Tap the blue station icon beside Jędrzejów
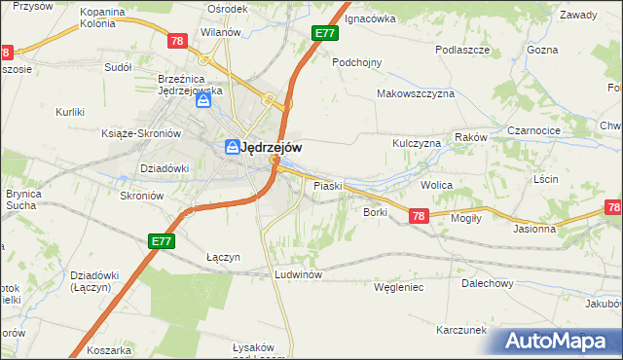tap(232, 148)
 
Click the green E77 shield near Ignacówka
tap(325, 33)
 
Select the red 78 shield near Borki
tap(418, 216)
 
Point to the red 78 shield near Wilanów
tap(176, 41)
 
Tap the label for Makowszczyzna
tap(416, 93)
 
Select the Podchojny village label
tap(356, 61)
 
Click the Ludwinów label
tap(298, 274)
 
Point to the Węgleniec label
tap(400, 287)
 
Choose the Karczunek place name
tap(460, 330)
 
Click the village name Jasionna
tap(534, 230)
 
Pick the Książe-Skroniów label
tap(142, 133)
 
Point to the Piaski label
tap(326, 185)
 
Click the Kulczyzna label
tap(417, 143)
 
